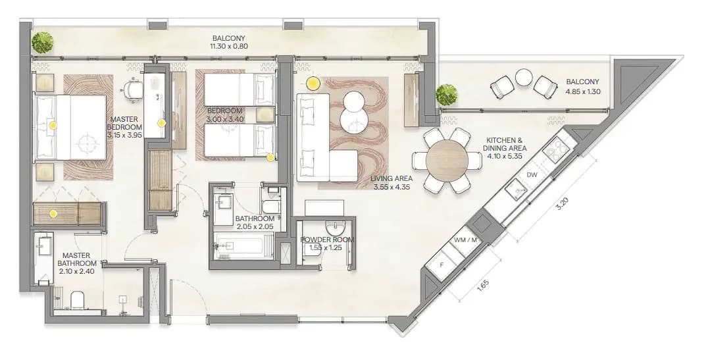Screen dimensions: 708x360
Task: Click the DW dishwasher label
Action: (532, 175)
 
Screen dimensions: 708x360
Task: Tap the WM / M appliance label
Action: (465, 240)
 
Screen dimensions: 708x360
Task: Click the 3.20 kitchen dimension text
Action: (561, 204)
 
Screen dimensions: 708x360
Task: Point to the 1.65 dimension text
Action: (483, 286)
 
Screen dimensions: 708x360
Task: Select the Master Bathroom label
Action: (77, 259)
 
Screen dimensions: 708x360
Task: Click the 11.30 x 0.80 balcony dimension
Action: (229, 46)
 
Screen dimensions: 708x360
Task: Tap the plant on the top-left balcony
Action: (43, 42)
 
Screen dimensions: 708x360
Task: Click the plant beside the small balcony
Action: (447, 95)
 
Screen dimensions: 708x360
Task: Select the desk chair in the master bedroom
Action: (133, 89)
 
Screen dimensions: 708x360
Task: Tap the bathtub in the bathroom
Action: (242, 246)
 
